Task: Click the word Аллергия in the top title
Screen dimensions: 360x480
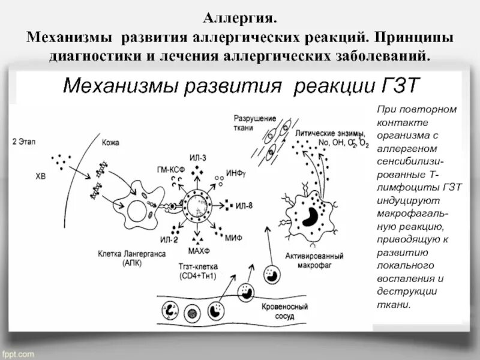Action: (x=239, y=19)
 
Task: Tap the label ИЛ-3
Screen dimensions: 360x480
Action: (x=197, y=158)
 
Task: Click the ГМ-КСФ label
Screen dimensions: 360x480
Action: (x=170, y=169)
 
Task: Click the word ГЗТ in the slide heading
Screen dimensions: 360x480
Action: (x=394, y=86)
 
